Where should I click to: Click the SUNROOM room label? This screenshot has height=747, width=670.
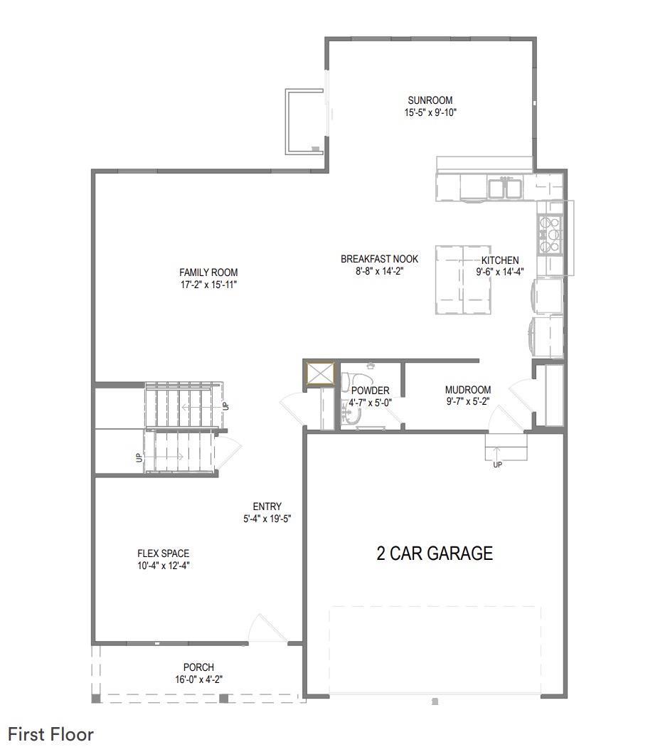[430, 100]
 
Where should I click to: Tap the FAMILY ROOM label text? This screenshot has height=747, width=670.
[208, 272]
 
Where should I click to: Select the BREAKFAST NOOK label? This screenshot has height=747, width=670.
[380, 259]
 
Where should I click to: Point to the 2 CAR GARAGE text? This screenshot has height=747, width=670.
[435, 553]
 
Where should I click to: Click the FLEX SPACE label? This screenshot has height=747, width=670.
[164, 553]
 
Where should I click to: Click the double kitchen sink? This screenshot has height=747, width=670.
[505, 188]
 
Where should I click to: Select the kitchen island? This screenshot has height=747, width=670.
[463, 280]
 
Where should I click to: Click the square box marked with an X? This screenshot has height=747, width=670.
[320, 373]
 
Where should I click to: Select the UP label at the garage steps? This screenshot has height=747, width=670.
[498, 465]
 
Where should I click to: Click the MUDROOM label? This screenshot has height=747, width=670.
[468, 390]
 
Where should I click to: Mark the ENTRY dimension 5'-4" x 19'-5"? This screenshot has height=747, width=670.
[267, 519]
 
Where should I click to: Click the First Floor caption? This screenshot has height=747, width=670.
[51, 734]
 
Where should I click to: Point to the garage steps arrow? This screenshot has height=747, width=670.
[496, 453]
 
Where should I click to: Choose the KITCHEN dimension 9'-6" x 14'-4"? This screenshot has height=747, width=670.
[500, 272]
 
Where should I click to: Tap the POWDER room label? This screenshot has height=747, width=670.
[371, 391]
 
